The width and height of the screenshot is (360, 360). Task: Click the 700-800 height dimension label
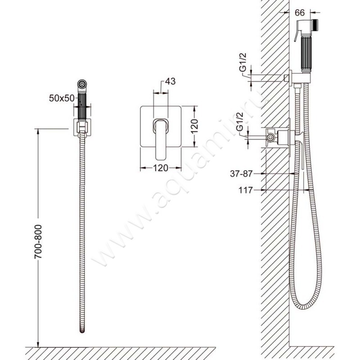38,242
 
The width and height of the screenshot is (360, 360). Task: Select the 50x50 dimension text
62,98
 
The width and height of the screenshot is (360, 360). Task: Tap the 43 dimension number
170,81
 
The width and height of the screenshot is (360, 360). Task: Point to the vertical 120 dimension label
194,126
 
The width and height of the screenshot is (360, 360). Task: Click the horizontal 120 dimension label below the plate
161,168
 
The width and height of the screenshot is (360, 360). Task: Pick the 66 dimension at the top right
299,13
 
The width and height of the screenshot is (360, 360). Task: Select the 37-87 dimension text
241,174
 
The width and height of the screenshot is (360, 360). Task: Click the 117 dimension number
245,190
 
